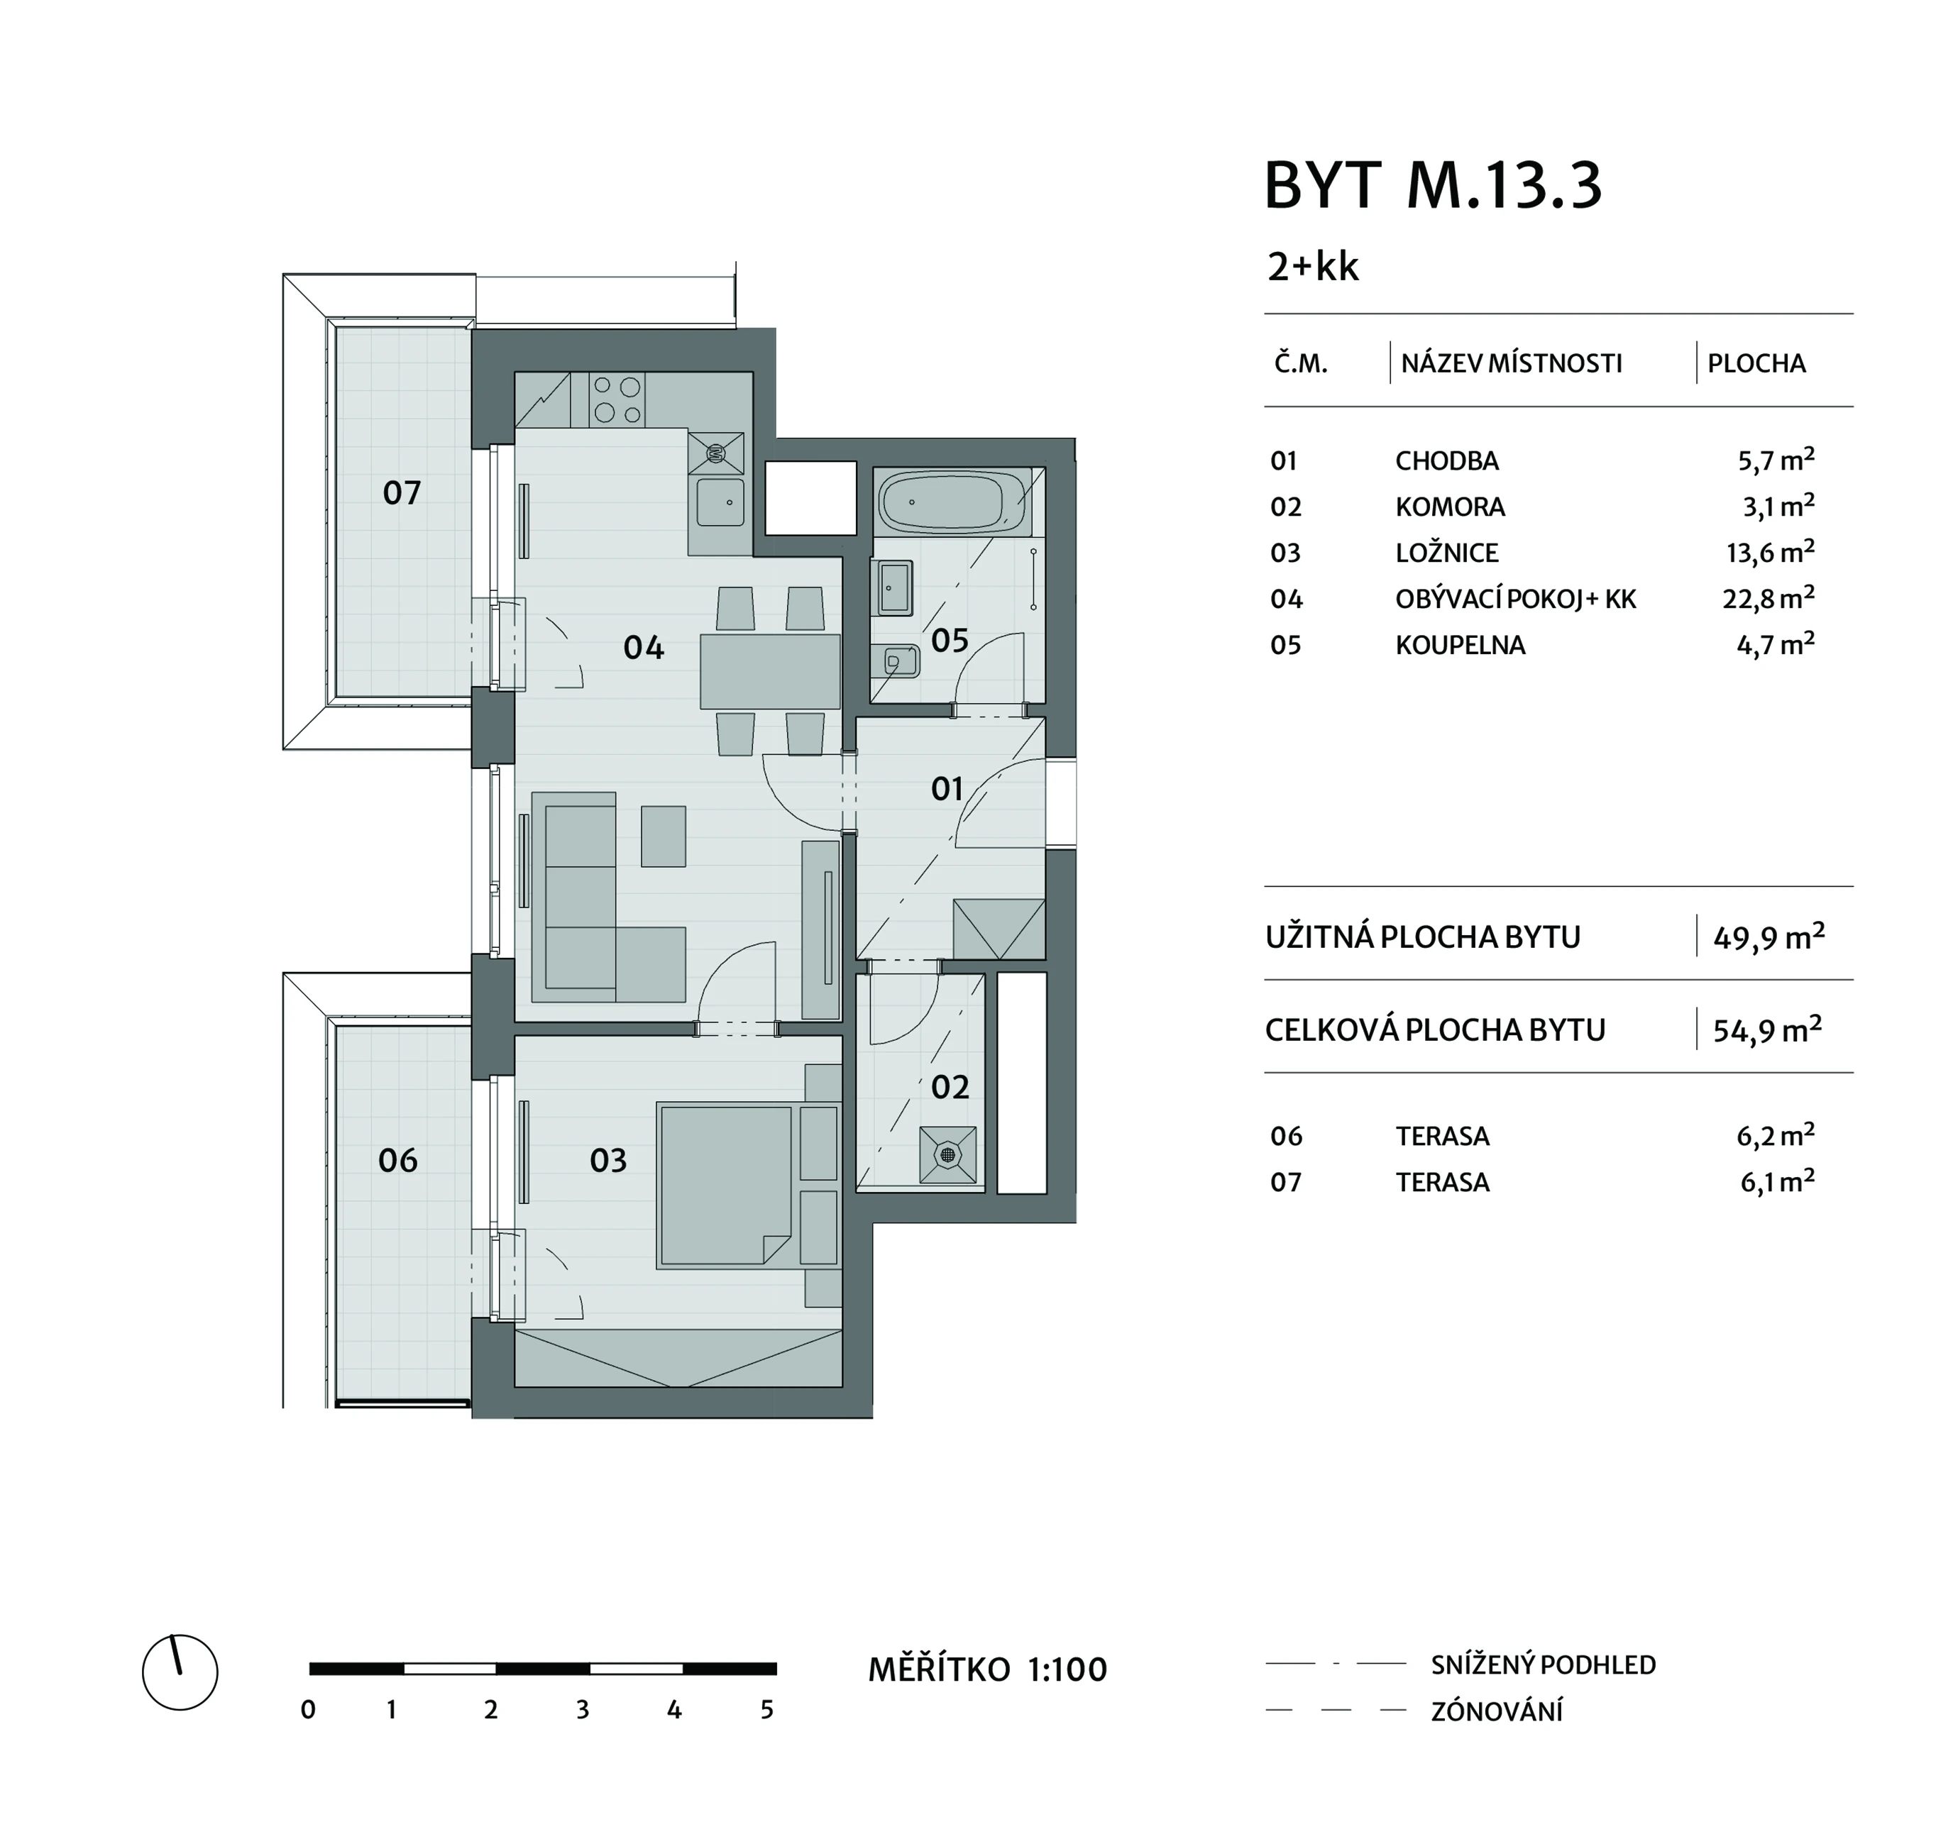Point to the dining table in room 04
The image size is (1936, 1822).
[x=770, y=671]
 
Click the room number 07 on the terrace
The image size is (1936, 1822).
[x=401, y=492]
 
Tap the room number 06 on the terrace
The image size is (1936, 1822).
[x=397, y=1160]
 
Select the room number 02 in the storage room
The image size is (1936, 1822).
[x=950, y=1087]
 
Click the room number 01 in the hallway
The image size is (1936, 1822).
[x=947, y=788]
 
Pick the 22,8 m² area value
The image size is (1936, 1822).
[x=1768, y=598]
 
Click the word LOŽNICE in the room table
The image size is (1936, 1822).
[x=1446, y=553]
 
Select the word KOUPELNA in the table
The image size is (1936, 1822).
[x=1460, y=646]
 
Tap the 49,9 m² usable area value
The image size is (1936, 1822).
[x=1769, y=937]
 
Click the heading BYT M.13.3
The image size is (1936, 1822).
[x=1433, y=185]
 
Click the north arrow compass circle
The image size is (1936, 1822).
[x=180, y=1672]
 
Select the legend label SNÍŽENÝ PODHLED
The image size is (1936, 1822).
[x=1544, y=1665]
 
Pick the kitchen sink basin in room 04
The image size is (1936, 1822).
[x=720, y=502]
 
